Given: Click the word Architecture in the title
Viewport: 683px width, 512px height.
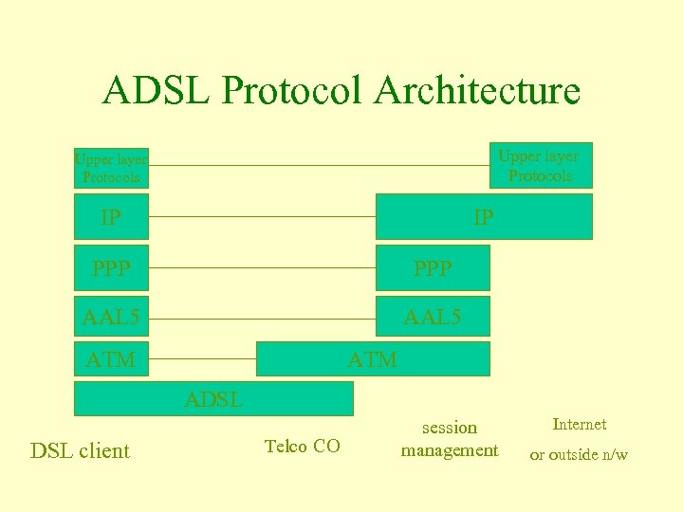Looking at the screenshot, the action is (477, 91).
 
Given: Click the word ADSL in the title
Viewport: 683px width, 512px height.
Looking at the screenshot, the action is (156, 91).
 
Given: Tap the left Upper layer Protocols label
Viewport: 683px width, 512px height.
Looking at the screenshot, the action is (111, 169).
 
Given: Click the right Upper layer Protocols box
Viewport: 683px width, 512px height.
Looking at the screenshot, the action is (540, 165).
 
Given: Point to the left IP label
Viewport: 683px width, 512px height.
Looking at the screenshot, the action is (111, 217).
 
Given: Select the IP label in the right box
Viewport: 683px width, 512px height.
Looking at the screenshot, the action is (483, 218).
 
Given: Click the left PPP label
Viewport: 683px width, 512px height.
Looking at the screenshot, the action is (111, 268).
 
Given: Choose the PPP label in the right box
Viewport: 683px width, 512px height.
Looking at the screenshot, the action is (433, 268).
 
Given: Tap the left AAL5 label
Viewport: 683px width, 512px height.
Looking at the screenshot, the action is (111, 317).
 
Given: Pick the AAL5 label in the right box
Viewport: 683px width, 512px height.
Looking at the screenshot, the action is (433, 317).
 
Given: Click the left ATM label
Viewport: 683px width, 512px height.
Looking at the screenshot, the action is (111, 360).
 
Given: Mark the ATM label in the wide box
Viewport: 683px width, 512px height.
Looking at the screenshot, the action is (373, 360).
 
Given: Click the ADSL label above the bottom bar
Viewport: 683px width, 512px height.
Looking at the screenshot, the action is (213, 400).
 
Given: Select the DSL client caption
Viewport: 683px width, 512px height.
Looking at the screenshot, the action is (80, 450).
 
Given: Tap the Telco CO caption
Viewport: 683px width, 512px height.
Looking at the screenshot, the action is (302, 446).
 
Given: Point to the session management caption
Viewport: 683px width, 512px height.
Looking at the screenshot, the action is (449, 439).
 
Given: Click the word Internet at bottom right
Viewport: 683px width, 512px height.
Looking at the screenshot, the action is (579, 424).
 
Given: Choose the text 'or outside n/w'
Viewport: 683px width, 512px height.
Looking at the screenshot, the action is (579, 454).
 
